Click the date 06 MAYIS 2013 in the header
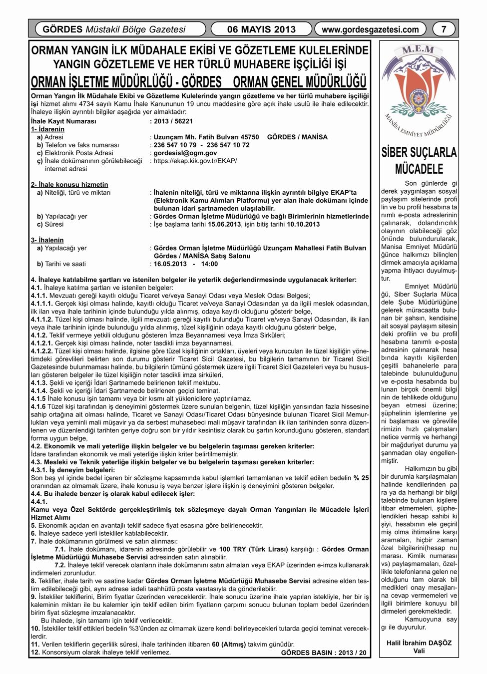point(261,29)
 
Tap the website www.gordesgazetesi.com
point(370,29)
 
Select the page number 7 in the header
point(444,29)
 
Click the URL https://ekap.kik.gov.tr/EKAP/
point(195,161)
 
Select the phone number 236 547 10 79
point(175,145)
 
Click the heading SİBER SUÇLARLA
point(419,152)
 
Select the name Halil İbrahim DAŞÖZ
point(419,643)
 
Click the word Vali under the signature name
point(419,651)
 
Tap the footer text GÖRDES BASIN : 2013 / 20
point(324,653)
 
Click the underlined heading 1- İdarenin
point(47,129)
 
